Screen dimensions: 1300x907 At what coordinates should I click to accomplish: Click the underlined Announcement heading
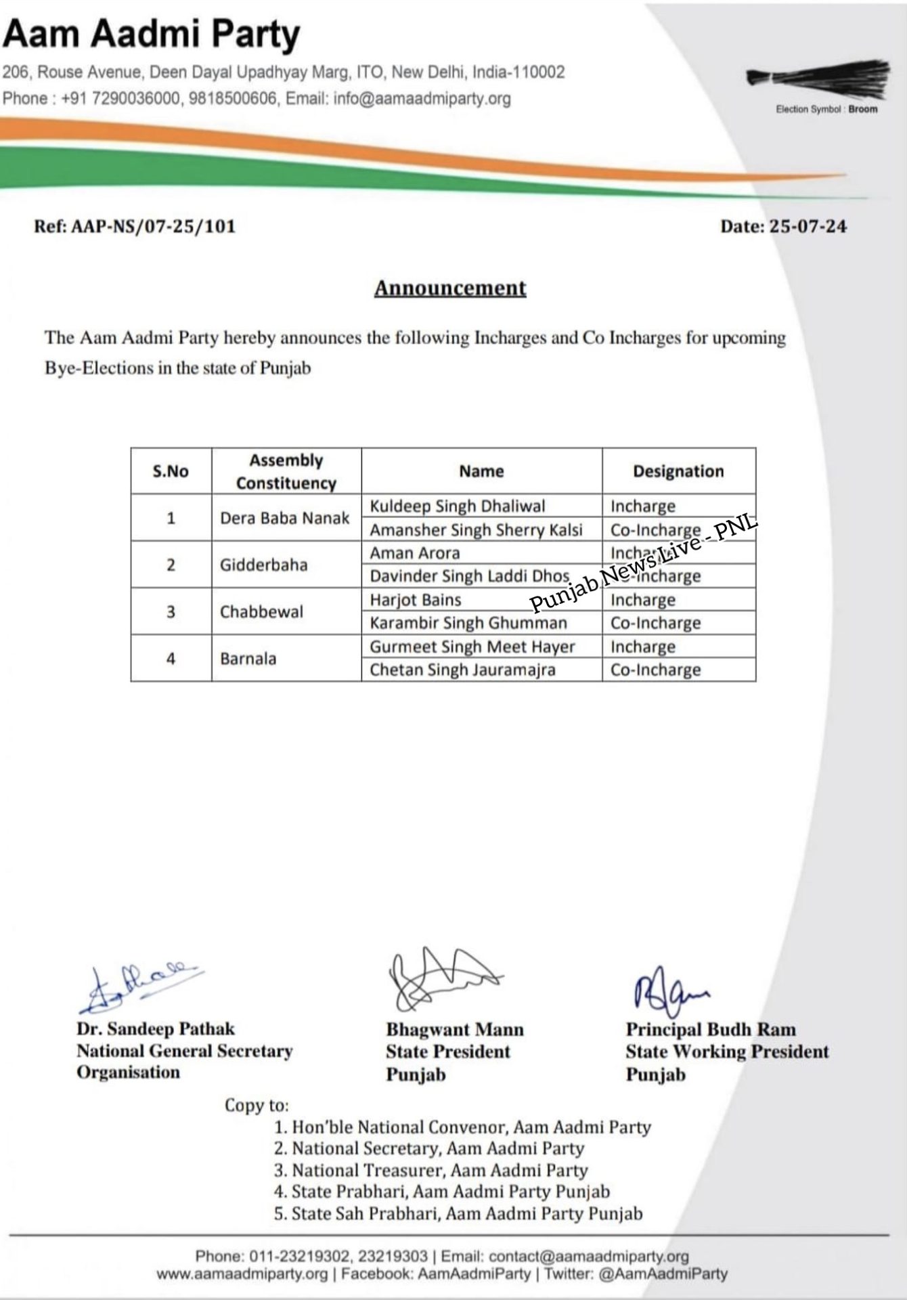450,288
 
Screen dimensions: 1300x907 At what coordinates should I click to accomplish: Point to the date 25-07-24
808,226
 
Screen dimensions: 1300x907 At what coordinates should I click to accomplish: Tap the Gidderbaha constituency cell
263,565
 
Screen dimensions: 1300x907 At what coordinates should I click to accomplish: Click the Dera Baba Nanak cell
284,518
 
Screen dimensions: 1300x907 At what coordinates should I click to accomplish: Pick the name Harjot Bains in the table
415,600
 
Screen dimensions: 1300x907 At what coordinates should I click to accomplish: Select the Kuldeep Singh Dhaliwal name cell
457,506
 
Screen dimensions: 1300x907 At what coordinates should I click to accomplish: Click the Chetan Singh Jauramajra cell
462,670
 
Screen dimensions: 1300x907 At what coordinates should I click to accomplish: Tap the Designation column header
678,471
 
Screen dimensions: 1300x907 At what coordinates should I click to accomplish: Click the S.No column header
171,471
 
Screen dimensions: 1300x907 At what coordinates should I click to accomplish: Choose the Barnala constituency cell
248,658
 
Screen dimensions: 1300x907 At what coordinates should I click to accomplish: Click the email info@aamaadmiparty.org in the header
422,99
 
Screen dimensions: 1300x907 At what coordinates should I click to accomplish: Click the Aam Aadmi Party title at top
152,34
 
